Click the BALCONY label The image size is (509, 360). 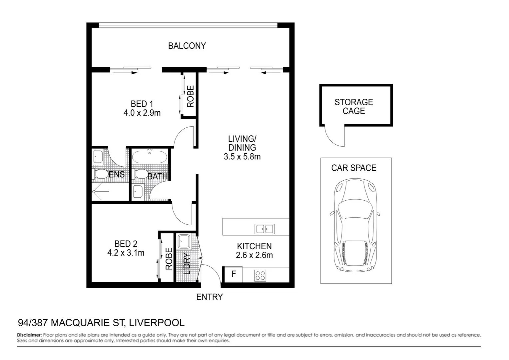pos(187,46)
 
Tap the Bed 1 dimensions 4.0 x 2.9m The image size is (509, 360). pos(142,113)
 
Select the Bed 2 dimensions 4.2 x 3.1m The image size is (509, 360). pos(126,253)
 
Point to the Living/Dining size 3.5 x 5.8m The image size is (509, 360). pos(242,156)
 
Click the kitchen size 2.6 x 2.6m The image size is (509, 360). pos(254,255)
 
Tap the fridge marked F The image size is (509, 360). pos(234,274)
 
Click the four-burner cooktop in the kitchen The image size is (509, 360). pos(260,275)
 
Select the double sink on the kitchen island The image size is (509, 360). pos(264,229)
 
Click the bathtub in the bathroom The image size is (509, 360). pos(150,157)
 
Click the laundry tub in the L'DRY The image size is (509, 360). pos(184,241)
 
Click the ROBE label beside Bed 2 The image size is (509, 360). pos(169,259)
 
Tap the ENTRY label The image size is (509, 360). pos(209,297)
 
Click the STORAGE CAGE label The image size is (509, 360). pos(354,107)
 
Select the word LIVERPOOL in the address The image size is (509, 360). pos(157,323)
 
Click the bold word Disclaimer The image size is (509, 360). pos(29,335)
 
